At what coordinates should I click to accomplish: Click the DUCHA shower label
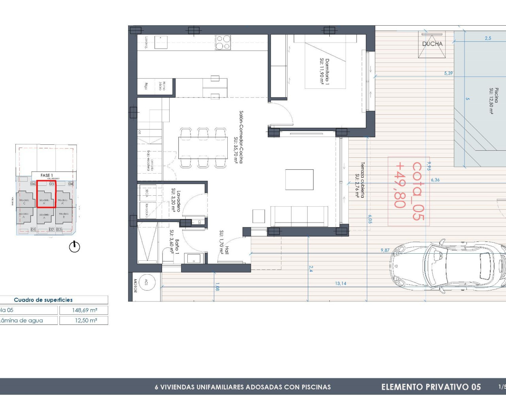pos(432,44)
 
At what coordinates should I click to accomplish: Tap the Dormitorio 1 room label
pos(325,71)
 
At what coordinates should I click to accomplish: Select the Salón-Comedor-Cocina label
pos(238,137)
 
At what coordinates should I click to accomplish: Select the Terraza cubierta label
pos(360,180)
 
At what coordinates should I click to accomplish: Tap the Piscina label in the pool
pos(494,101)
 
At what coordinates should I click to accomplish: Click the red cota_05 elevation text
pos(409,191)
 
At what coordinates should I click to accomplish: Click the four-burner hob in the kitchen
pos(223,42)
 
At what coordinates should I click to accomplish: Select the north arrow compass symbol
pos(74,247)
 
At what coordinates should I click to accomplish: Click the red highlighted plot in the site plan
pos(46,194)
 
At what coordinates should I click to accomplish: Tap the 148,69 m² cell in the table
pos(84,310)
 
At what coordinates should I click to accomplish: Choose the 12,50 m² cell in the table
pos(84,320)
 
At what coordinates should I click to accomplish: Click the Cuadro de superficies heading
pos(43,300)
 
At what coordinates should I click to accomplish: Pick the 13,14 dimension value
pos(340,283)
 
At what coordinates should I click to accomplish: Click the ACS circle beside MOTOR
pos(146,282)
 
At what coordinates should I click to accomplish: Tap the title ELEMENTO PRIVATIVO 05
pos(431,387)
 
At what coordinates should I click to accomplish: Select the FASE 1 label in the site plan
pos(47,175)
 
